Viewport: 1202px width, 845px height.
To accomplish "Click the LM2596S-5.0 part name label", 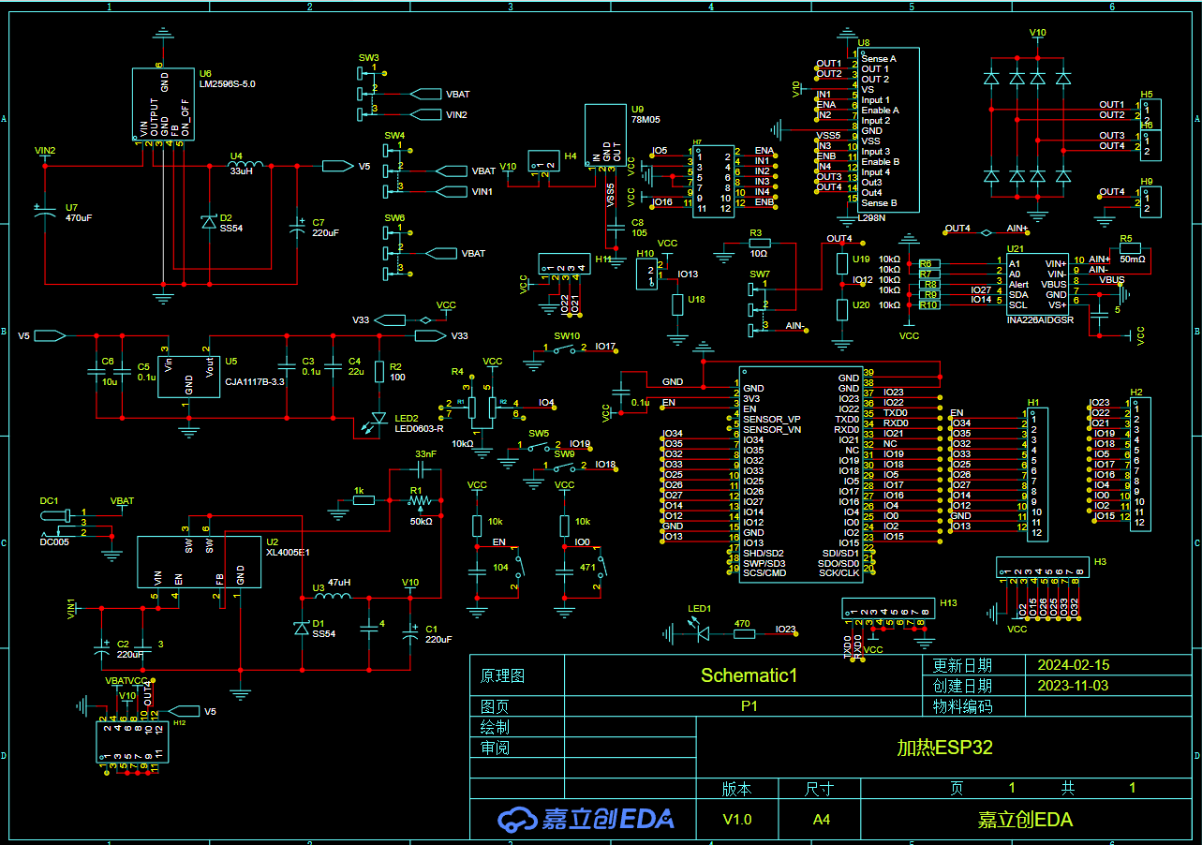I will (x=227, y=84).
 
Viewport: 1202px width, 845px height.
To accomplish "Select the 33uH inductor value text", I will (x=241, y=171).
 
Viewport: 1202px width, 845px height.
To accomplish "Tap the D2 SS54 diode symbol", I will (x=209, y=222).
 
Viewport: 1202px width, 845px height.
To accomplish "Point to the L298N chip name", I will (x=871, y=218).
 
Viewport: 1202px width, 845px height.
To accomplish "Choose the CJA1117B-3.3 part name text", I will (x=256, y=382).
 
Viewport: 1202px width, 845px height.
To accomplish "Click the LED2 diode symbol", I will (x=378, y=419).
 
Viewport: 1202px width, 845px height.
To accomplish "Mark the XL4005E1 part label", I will (x=288, y=553).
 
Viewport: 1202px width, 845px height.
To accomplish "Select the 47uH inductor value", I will (x=338, y=582).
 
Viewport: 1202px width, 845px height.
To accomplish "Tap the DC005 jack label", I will (x=53, y=541).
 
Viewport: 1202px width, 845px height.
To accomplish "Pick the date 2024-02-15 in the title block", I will (x=1073, y=665).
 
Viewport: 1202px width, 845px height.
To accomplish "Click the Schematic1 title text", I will (x=749, y=675).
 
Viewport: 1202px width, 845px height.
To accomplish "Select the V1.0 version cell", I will (x=736, y=820).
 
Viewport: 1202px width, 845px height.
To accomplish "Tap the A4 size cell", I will (x=821, y=820).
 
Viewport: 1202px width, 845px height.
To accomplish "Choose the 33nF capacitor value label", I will (x=425, y=454).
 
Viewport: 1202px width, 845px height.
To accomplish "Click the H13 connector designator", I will (x=948, y=603).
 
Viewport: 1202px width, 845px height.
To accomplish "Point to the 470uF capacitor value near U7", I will (x=79, y=218).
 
